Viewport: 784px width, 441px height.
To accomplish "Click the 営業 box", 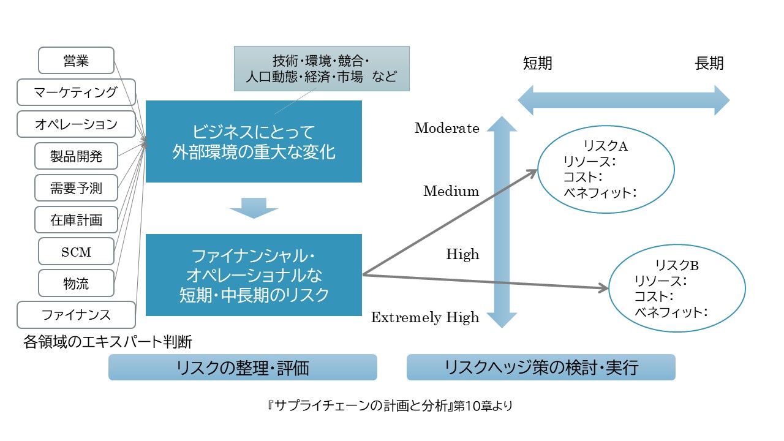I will pyautogui.click(x=76, y=60).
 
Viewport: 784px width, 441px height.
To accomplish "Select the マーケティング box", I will pyautogui.click(x=76, y=92).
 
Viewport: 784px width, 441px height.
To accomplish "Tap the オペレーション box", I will pyautogui.click(x=76, y=124).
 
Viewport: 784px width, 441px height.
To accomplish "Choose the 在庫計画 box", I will pyautogui.click(x=76, y=219).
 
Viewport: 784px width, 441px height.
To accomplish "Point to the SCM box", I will pyautogui.click(x=76, y=251).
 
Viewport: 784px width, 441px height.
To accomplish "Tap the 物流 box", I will pyautogui.click(x=76, y=283).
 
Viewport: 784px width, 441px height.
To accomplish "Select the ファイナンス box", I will pyautogui.click(x=76, y=315).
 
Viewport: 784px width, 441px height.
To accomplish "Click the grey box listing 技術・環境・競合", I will pyautogui.click(x=322, y=69).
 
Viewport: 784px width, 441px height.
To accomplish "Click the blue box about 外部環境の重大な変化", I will pyautogui.click(x=254, y=141).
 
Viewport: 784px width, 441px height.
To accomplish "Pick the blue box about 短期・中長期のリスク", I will pyautogui.click(x=254, y=274).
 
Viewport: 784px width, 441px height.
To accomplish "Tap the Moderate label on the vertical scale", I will pyautogui.click(x=447, y=128).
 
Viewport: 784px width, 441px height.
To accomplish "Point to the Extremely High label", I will pyautogui.click(x=425, y=317).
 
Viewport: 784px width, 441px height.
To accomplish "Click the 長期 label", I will pyautogui.click(x=709, y=63).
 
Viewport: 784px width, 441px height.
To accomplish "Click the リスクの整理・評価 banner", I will pyautogui.click(x=243, y=367).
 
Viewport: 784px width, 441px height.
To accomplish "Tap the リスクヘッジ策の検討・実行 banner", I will pyautogui.click(x=541, y=367).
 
